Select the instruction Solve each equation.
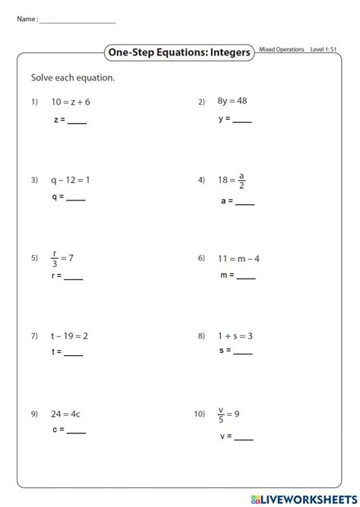(x=73, y=77)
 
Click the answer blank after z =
(x=77, y=121)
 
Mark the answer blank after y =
(x=242, y=121)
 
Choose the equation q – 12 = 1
(x=71, y=180)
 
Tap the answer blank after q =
(x=76, y=200)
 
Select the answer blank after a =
(x=245, y=203)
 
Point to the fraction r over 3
(x=55, y=258)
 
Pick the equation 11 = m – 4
(x=239, y=258)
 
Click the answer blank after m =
(x=246, y=277)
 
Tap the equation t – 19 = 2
(x=70, y=335)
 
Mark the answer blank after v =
(x=244, y=438)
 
